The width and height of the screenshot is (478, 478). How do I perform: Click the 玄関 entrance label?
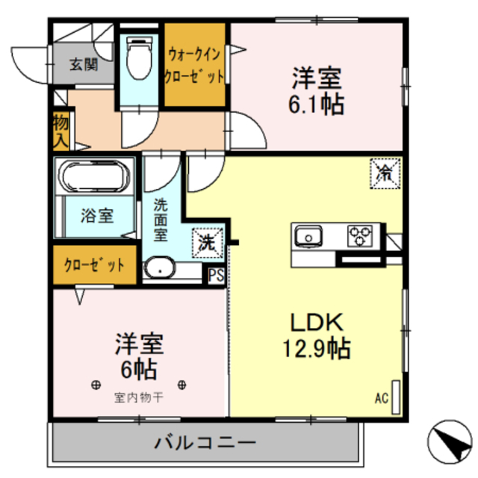[84, 65]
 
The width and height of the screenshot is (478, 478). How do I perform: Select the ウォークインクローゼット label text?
[195, 65]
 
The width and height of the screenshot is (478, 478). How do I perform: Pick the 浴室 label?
[98, 217]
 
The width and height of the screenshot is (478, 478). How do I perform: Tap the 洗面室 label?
[161, 218]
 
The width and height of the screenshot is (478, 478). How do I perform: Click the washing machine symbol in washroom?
[207, 242]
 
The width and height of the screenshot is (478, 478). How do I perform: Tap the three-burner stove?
[361, 237]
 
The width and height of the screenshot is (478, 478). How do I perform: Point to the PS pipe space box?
[216, 276]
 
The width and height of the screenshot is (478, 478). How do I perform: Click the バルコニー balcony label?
[205, 443]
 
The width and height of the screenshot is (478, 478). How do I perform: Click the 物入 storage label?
[60, 130]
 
